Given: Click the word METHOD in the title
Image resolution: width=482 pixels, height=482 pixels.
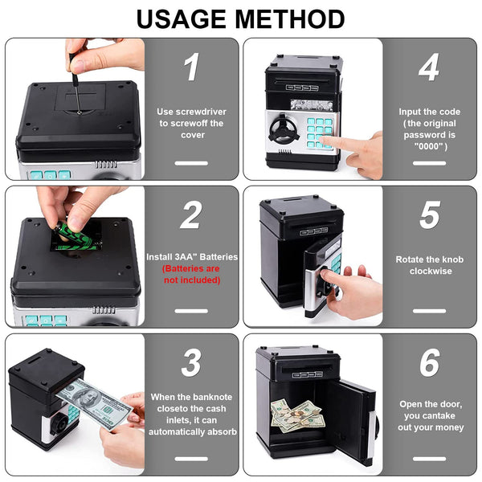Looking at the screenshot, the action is click(290, 19).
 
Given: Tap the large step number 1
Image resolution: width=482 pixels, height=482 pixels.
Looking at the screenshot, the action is click(192, 67).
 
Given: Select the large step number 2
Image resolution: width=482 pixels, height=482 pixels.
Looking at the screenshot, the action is click(191, 214).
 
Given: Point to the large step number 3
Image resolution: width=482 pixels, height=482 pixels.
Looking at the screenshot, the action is click(191, 362).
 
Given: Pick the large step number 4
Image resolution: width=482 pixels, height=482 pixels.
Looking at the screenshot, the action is click(429, 67).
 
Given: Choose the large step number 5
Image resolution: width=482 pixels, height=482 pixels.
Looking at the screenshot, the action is click(430, 214).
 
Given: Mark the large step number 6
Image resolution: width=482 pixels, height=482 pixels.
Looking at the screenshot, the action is click(430, 362).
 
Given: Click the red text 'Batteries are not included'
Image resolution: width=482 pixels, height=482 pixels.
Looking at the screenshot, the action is click(191, 274).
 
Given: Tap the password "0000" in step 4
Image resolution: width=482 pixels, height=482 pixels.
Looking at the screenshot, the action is click(430, 146).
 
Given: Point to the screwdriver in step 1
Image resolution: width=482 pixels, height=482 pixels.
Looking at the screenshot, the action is click(75, 83).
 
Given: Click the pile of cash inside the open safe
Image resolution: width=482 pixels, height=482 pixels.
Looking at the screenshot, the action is click(297, 416).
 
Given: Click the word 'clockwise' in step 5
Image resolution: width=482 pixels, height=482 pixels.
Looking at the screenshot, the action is click(431, 272).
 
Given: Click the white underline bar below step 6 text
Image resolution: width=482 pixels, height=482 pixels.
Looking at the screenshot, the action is click(430, 459).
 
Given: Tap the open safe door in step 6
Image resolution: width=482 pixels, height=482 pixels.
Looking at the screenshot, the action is click(353, 421).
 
